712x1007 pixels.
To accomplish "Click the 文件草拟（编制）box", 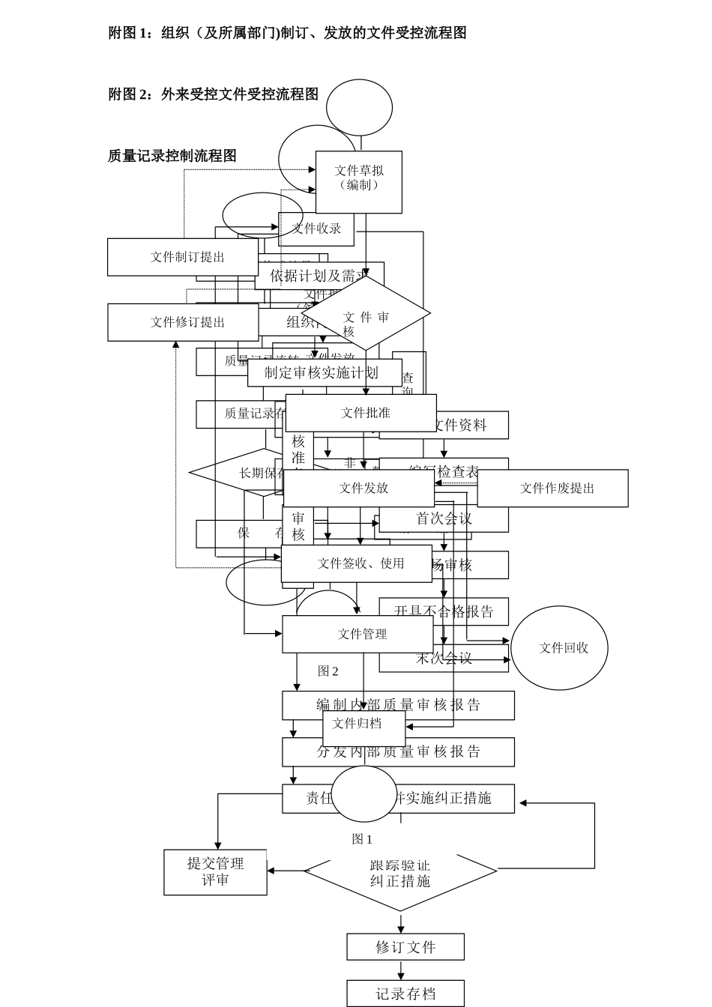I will point(358,181).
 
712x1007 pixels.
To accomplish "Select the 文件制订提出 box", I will point(182,257).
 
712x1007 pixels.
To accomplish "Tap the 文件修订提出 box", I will point(182,322).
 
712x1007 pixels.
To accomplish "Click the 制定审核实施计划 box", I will point(324,373).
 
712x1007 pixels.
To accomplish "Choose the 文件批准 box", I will point(361,413).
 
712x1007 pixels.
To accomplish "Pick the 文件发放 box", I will point(359,489).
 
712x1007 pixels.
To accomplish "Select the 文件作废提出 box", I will point(552,489).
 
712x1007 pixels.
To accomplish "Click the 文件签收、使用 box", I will point(356,563).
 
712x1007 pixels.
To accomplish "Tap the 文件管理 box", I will point(357,634).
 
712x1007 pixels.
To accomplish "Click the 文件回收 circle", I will point(559,648).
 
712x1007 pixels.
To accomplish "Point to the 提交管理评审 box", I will point(215,872).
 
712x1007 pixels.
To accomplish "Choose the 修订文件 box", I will point(405,947).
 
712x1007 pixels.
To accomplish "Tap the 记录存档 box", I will point(405,994).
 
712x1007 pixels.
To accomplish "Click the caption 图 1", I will point(362,839).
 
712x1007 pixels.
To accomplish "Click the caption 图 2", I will point(328,671).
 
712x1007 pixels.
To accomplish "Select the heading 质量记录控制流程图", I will point(172,156).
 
